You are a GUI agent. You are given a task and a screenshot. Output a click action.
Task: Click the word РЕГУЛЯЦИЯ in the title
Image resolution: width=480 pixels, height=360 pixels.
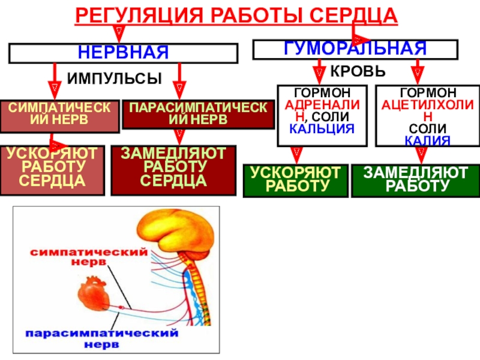tap(139, 16)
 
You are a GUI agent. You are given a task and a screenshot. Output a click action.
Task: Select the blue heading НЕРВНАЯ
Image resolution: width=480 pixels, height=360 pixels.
tap(123, 52)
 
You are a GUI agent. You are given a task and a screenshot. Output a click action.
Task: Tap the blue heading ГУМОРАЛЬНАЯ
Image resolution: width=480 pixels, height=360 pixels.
tap(355, 48)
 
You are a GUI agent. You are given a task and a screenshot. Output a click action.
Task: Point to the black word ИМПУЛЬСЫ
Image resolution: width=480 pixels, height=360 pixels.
tap(114, 79)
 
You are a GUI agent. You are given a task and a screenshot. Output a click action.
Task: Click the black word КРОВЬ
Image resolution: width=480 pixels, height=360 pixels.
tap(358, 71)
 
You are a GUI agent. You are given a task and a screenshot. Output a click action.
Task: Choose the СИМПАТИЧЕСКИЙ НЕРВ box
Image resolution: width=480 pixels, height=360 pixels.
tap(59, 116)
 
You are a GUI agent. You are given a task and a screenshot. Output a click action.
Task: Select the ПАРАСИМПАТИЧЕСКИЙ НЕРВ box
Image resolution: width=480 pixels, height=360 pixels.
tap(199, 114)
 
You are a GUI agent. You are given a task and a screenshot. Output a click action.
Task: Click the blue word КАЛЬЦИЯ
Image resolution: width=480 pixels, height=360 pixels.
tap(322, 129)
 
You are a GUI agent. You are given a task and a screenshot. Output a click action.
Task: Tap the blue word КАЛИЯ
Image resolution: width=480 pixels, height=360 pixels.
tap(427, 141)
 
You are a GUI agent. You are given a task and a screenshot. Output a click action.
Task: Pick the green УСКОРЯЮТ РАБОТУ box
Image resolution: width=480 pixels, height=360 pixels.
tap(296, 181)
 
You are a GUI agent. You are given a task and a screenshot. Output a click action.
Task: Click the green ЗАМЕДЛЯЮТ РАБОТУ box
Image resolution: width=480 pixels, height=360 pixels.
tap(416, 181)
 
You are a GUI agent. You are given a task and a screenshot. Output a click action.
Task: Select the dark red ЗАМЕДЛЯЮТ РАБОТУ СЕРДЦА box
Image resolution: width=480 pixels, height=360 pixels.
tap(173, 170)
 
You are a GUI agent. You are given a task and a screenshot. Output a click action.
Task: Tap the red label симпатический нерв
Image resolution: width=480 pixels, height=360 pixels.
tap(89, 257)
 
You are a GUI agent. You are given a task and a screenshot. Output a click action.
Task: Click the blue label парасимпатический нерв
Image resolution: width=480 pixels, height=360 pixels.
tap(102, 338)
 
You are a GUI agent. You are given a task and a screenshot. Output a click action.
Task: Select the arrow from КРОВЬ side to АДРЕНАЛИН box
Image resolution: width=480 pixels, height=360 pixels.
tap(319, 72)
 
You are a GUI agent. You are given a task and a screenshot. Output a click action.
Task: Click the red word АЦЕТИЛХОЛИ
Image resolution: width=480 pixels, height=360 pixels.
tap(427, 105)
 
